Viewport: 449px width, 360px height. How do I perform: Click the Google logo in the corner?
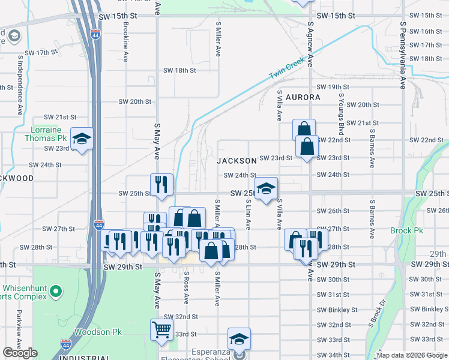[20, 353]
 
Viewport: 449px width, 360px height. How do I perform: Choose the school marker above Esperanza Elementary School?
[239, 338]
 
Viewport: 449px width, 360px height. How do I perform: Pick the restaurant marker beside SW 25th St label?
[161, 185]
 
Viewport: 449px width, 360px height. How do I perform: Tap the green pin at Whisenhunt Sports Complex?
[56, 292]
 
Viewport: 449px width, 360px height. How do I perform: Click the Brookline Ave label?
[126, 42]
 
